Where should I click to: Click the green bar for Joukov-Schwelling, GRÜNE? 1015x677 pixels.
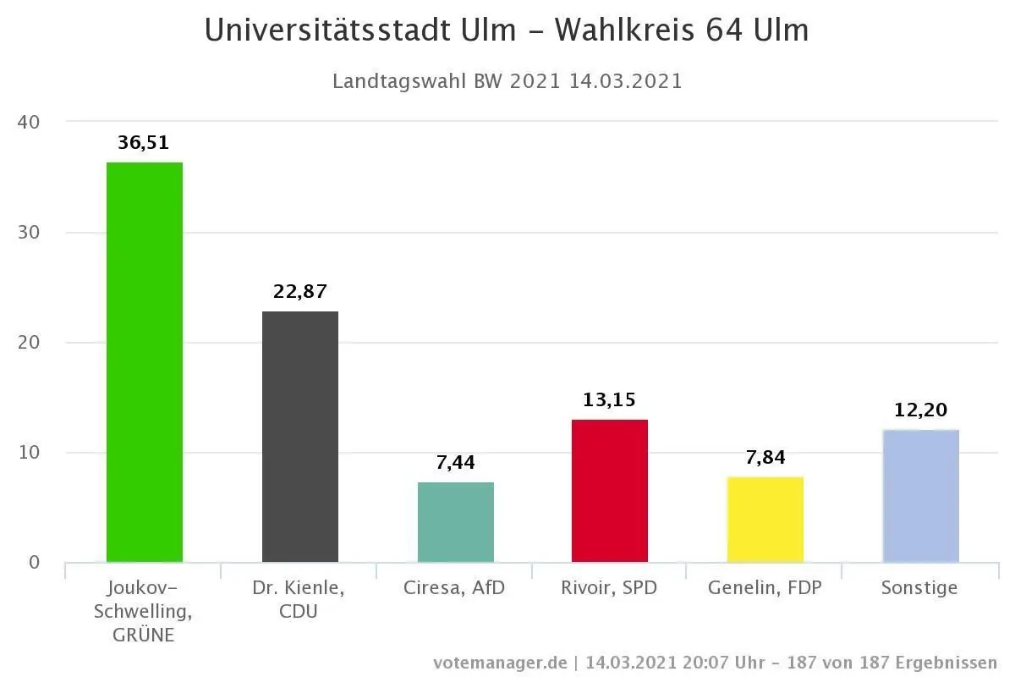pyautogui.click(x=144, y=364)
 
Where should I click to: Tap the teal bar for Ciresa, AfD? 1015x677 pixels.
pyautogui.click(x=455, y=523)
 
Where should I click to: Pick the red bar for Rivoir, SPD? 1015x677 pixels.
pyautogui.click(x=609, y=491)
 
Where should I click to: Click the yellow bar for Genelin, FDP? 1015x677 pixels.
pyautogui.click(x=765, y=520)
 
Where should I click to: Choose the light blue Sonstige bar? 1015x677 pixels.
pyautogui.click(x=920, y=497)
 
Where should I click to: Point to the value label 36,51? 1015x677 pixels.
pyautogui.click(x=144, y=143)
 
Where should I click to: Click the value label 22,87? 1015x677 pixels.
pyautogui.click(x=299, y=292)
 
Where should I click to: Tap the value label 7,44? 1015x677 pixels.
pyautogui.click(x=455, y=463)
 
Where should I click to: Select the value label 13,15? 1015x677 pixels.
pyautogui.click(x=609, y=399)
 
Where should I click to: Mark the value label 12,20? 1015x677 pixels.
pyautogui.click(x=920, y=410)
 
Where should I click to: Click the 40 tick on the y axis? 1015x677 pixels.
pyautogui.click(x=29, y=122)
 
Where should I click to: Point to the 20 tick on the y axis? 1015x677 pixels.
pyautogui.click(x=29, y=343)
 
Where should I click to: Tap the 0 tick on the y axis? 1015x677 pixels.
pyautogui.click(x=34, y=563)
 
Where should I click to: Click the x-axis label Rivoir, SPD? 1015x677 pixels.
pyautogui.click(x=609, y=588)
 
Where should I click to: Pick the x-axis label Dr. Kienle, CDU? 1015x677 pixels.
pyautogui.click(x=299, y=599)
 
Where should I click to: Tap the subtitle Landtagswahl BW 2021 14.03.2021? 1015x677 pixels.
pyautogui.click(x=507, y=82)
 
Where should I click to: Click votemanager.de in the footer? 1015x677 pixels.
pyautogui.click(x=500, y=663)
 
